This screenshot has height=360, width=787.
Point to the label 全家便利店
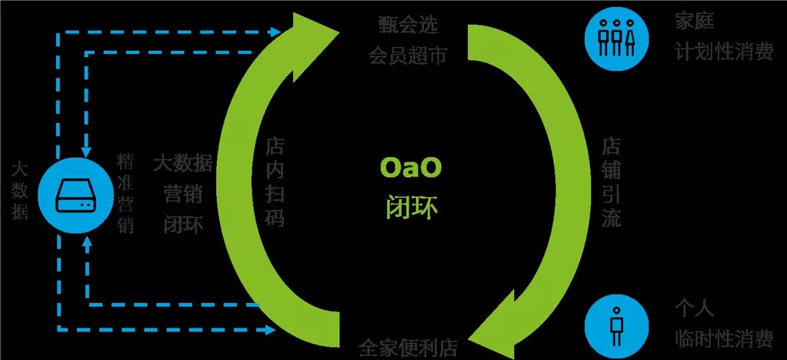[409, 347]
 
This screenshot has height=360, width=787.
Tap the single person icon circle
[617, 325]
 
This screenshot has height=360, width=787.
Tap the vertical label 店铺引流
[610, 183]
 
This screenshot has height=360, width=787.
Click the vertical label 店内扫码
[275, 183]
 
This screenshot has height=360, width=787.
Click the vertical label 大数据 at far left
[20, 190]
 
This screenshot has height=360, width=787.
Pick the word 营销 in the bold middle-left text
[183, 195]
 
